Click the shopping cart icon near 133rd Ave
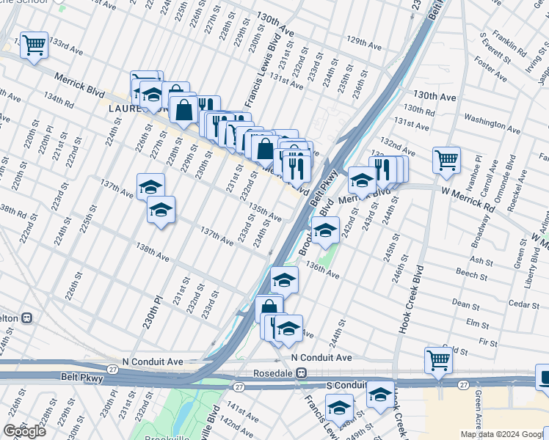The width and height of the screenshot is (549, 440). click(34, 45)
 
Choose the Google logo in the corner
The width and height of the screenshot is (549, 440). click(24, 431)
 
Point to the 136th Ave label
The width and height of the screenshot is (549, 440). click(322, 270)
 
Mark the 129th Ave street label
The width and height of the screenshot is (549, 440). click(365, 45)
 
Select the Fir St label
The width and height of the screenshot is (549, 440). click(488, 342)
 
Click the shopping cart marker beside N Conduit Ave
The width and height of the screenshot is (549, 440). click(437, 360)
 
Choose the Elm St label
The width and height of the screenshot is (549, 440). click(478, 323)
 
